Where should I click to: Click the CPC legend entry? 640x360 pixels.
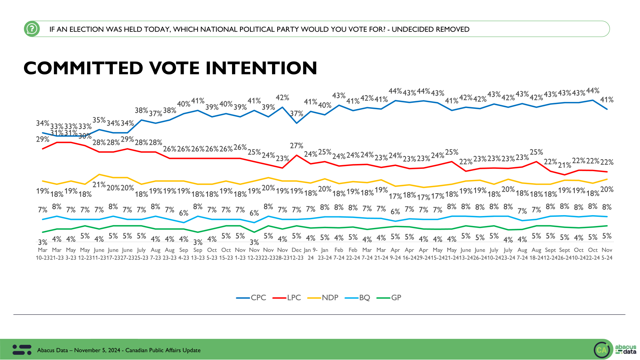(x=251, y=298)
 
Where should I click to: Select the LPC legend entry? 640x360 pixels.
(x=287, y=298)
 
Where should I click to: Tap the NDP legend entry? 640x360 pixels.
(x=323, y=298)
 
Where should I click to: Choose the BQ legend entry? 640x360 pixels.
(x=358, y=298)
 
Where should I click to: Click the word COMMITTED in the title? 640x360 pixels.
(x=83, y=68)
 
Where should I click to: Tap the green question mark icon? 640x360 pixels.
(x=32, y=29)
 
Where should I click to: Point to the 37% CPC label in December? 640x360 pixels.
(x=296, y=114)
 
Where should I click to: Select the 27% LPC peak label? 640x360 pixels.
(x=296, y=146)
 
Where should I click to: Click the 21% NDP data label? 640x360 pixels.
(x=99, y=185)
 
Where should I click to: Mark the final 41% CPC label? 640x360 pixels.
(x=607, y=100)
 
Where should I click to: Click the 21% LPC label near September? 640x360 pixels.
(x=564, y=165)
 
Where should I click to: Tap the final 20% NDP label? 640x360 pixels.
(x=607, y=189)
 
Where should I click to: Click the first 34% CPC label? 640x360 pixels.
(x=42, y=123)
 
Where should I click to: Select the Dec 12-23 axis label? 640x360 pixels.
(x=296, y=254)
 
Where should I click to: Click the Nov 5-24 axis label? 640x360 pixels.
(x=607, y=254)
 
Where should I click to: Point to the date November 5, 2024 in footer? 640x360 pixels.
(x=97, y=350)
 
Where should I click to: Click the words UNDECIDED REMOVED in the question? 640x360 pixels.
(x=430, y=29)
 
